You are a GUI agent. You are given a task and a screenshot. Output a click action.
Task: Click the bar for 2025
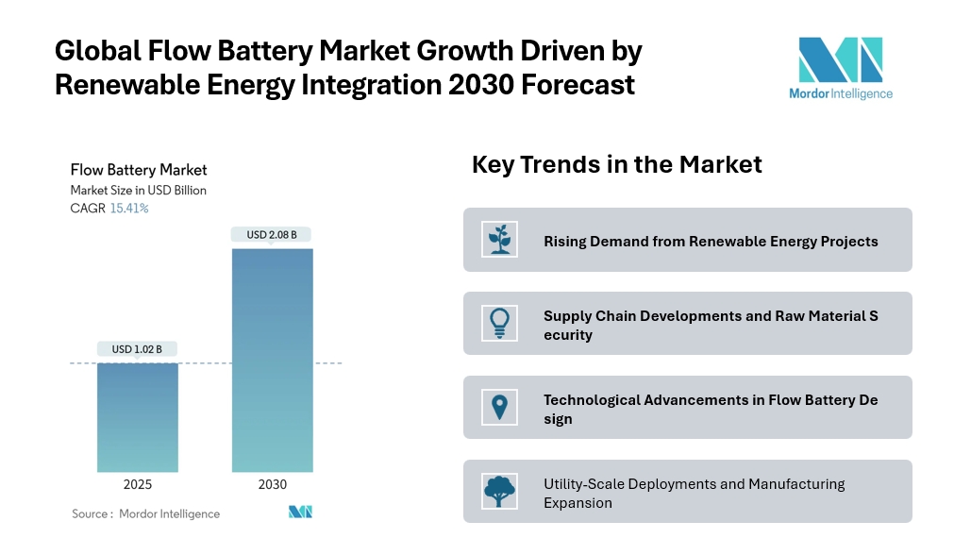coord(137,417)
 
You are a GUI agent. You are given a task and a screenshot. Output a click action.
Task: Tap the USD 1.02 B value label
coord(137,349)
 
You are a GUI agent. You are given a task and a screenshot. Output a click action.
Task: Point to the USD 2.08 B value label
coord(272,234)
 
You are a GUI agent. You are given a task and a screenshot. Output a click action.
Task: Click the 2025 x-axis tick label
coord(137,484)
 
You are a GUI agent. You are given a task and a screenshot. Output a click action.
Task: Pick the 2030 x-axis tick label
coord(272,484)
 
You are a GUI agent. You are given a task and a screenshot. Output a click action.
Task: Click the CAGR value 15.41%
coord(129,209)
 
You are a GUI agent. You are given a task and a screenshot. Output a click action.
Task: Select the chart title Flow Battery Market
coord(139,170)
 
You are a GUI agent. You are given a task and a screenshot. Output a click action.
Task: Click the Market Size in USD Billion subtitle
coord(138,191)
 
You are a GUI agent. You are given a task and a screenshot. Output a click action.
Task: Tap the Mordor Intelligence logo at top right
coord(840,67)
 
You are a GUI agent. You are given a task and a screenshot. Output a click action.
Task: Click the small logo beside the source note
coord(300,513)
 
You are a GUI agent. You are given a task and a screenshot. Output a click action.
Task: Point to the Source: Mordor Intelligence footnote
coord(145,514)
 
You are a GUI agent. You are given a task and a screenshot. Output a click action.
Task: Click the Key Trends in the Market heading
coord(616,164)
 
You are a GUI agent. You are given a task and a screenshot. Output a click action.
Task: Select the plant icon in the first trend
coord(498,240)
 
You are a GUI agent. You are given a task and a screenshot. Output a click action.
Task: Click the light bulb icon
coord(498,323)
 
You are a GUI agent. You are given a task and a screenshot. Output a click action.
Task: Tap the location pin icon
coord(498,407)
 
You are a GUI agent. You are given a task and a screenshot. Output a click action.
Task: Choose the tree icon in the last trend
coord(498,491)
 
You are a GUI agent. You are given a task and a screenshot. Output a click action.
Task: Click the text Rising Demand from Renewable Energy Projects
coord(711,242)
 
